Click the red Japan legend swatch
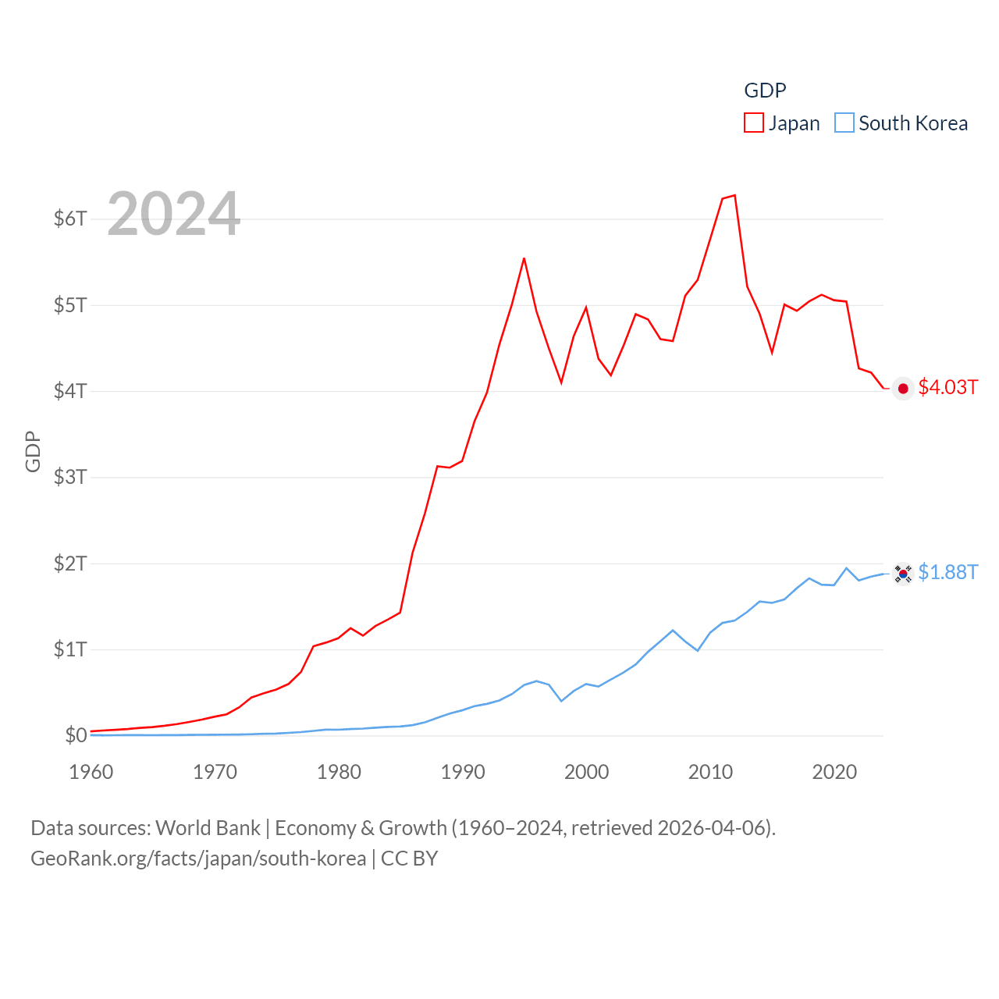point(754,123)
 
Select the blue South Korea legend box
point(844,123)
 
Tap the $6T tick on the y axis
point(70,219)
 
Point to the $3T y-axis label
point(70,477)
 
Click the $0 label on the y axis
point(76,735)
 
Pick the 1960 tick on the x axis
point(91,772)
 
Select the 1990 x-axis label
point(463,772)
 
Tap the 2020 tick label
point(834,772)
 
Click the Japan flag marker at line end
point(903,389)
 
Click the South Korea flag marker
point(903,574)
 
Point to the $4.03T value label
point(947,387)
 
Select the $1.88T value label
point(947,572)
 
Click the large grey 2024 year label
point(173,214)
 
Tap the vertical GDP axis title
point(33,451)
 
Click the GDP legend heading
point(765,91)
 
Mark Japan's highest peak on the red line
point(734,195)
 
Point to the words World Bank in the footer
point(208,827)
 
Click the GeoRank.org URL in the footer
point(198,859)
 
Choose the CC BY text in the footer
point(409,859)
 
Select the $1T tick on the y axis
point(70,649)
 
